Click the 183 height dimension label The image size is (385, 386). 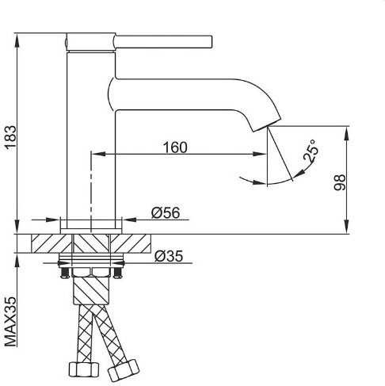click(x=11, y=138)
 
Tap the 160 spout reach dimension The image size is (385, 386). click(x=175, y=147)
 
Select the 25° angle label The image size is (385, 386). click(x=311, y=151)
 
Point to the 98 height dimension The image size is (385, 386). click(x=340, y=182)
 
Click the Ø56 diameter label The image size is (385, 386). click(x=166, y=212)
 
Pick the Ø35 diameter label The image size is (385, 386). click(x=169, y=256)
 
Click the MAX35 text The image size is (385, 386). click(x=10, y=322)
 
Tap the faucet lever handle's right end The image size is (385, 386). click(x=211, y=42)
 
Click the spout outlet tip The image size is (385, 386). click(x=267, y=126)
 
